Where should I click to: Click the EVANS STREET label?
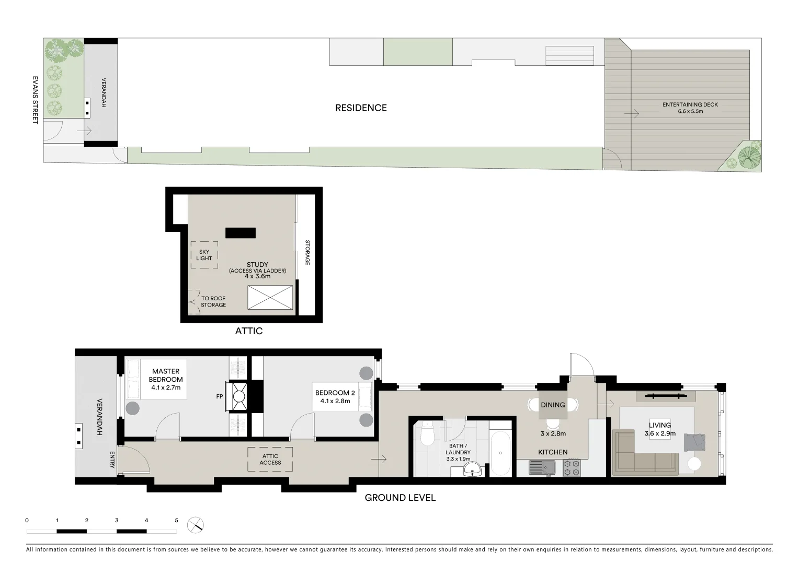[x=35, y=100]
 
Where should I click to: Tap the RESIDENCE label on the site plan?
[x=361, y=108]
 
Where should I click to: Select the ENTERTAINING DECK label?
[x=690, y=108]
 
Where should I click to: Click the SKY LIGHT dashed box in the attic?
[x=204, y=255]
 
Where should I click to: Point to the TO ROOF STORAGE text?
[x=213, y=302]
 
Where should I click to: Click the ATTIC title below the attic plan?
[x=248, y=331]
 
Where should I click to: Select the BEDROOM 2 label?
[x=335, y=396]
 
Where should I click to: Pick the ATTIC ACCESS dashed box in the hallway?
[x=270, y=460]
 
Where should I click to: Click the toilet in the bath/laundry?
[x=427, y=435]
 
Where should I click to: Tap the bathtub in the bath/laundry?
[x=500, y=453]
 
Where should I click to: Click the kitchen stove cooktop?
[x=572, y=467]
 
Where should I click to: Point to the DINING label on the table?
[x=553, y=405]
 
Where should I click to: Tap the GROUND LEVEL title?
[x=400, y=498]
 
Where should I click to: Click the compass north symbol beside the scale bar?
[x=196, y=525]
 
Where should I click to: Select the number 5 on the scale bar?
[x=176, y=521]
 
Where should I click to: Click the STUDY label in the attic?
[x=257, y=265]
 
